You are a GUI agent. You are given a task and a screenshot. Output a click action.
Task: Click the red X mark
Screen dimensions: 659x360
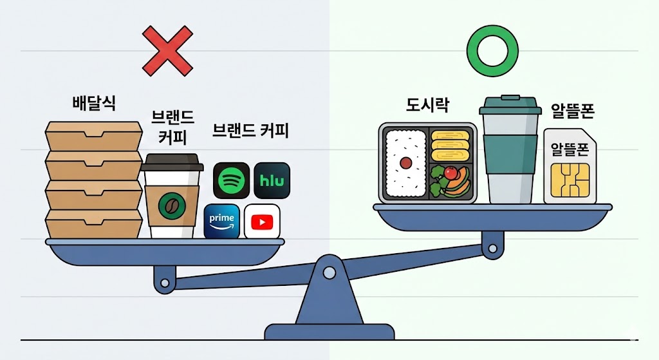tap(167, 50)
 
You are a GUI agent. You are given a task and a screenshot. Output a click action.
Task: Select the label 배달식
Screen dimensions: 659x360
tap(94, 103)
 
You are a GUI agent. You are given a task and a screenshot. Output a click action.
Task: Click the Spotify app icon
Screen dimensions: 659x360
tap(231, 180)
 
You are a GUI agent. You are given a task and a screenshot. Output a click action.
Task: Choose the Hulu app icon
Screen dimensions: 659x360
tap(272, 180)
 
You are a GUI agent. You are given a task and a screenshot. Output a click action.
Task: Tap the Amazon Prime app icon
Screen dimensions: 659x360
tap(222, 221)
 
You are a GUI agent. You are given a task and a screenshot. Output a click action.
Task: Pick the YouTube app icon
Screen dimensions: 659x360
tap(262, 222)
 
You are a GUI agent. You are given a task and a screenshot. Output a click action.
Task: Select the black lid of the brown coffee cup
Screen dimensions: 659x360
tap(172, 163)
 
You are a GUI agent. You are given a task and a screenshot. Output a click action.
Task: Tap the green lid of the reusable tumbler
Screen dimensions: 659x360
tap(510, 106)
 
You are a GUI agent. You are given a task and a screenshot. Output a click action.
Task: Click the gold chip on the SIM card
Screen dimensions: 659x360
tap(570, 180)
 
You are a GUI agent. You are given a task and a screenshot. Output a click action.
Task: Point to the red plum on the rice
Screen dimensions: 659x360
tap(406, 163)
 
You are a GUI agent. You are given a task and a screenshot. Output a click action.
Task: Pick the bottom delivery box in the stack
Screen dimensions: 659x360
tap(94, 223)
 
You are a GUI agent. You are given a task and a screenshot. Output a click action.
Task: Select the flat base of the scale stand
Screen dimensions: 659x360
tap(329, 332)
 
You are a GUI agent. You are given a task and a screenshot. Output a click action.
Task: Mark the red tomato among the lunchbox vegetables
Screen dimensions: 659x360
tap(451, 173)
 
